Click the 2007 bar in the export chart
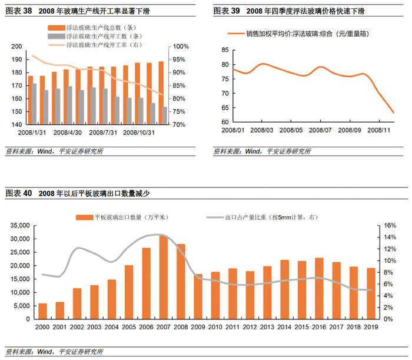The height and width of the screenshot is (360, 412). pos(164,277)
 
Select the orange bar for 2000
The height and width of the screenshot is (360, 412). pos(42,311)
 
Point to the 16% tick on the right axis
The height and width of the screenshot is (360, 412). pos(391,226)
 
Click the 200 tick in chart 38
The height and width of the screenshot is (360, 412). pos(15,47)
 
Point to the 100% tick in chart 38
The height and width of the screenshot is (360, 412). pos(180,47)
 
